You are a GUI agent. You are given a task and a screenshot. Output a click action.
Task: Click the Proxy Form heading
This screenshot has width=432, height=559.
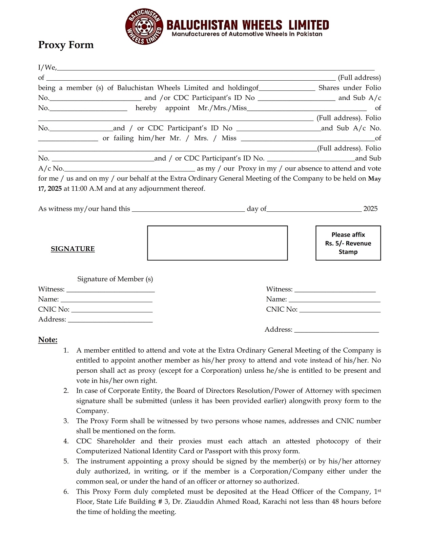pos(66,45)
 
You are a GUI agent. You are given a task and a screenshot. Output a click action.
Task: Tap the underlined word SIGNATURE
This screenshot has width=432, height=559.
pos(73,249)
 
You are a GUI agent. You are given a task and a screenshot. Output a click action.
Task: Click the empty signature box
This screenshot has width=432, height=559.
pos(217,243)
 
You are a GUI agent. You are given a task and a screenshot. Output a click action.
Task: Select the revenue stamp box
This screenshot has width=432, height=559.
pos(348,243)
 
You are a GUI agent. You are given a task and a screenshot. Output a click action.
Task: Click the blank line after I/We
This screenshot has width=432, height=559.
pos(215,68)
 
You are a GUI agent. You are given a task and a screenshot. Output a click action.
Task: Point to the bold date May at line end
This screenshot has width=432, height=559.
pos(375,179)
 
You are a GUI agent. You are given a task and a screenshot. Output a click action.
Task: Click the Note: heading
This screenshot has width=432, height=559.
pos(48,340)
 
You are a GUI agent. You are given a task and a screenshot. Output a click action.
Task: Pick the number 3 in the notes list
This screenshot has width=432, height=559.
pos(66,421)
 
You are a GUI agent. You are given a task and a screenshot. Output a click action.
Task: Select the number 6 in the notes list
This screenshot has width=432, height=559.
pos(66,492)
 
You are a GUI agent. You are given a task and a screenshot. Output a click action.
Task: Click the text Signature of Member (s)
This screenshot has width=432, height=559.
pos(115,279)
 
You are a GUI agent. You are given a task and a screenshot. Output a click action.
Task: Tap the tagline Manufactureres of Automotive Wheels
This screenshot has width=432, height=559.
pos(247,34)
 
